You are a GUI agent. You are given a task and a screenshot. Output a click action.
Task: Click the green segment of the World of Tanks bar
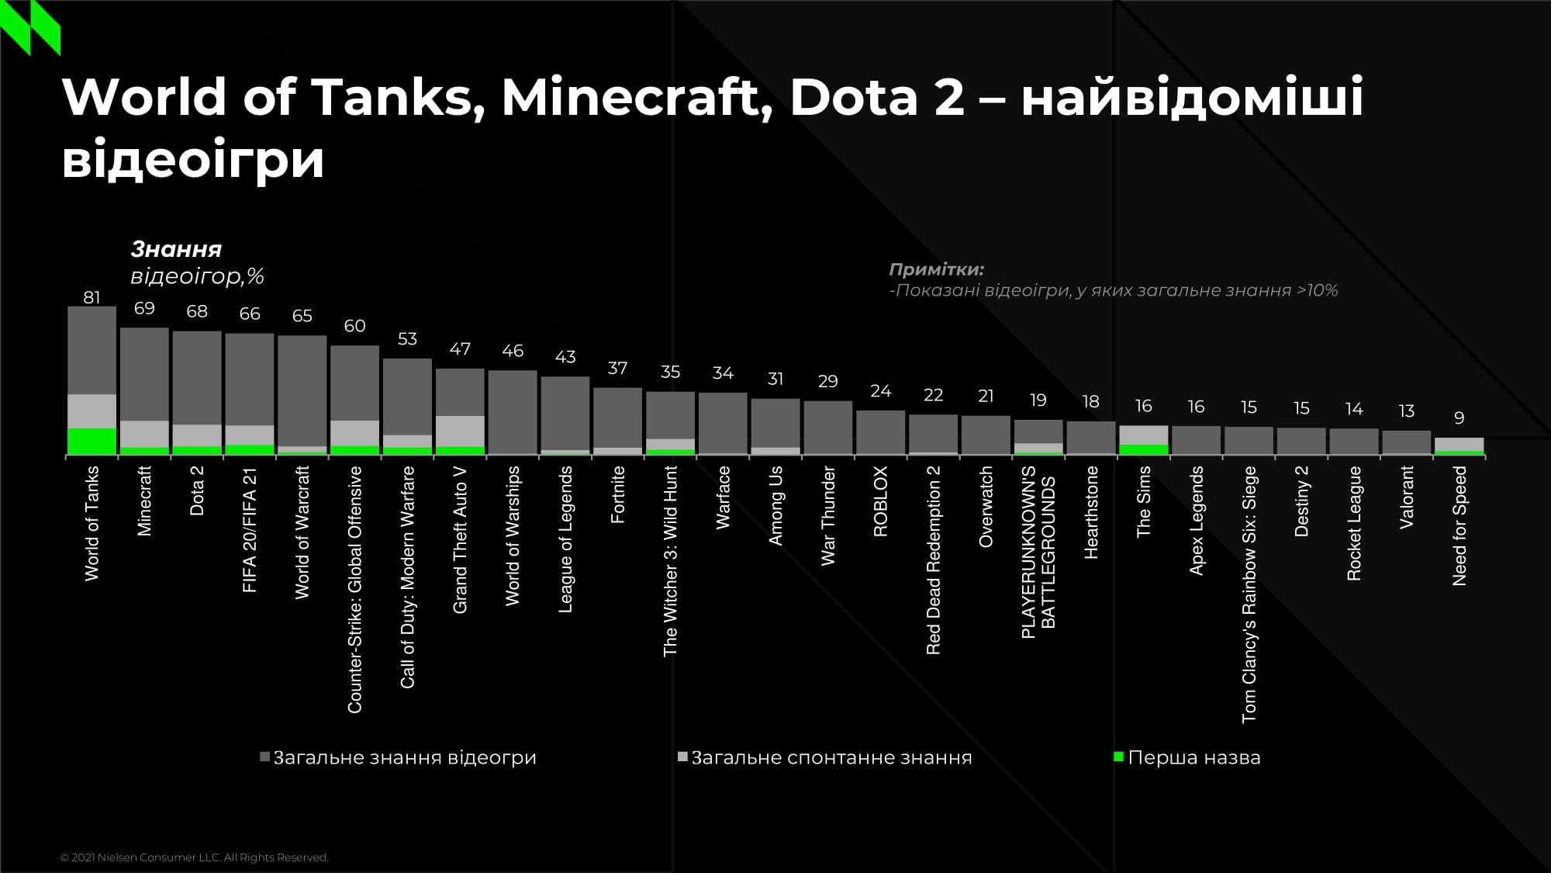(92, 441)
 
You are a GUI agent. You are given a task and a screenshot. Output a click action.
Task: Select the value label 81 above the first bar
(92, 297)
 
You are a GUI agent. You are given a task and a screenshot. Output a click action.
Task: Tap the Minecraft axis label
(144, 501)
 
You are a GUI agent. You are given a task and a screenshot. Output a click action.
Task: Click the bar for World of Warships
(513, 411)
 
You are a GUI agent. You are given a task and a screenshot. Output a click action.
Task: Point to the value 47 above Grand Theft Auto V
(460, 349)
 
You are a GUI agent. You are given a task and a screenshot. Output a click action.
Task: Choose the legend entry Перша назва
(1193, 757)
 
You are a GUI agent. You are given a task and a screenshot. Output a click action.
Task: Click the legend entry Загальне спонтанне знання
(831, 757)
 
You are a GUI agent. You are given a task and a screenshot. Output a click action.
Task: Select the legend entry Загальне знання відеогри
(404, 757)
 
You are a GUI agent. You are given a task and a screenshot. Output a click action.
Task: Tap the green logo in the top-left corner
(30, 27)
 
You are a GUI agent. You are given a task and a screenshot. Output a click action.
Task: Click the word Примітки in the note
(936, 269)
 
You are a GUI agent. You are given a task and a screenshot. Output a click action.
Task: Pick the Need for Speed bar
(1459, 445)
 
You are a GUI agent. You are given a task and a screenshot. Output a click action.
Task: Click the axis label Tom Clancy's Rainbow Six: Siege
(1249, 594)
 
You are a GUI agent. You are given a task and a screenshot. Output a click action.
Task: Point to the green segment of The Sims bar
(1143, 449)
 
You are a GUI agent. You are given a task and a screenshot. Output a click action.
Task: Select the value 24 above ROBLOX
(880, 391)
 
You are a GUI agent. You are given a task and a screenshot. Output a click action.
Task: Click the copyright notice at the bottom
(194, 857)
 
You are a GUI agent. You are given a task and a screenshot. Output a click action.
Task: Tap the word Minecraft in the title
(637, 97)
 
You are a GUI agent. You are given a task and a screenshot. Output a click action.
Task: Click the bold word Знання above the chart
(176, 249)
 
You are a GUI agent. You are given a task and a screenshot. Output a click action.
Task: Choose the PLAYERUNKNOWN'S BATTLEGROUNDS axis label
(1038, 552)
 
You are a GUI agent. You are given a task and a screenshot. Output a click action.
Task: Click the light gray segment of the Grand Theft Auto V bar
(460, 431)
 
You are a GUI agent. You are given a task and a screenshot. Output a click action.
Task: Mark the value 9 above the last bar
(1459, 418)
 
